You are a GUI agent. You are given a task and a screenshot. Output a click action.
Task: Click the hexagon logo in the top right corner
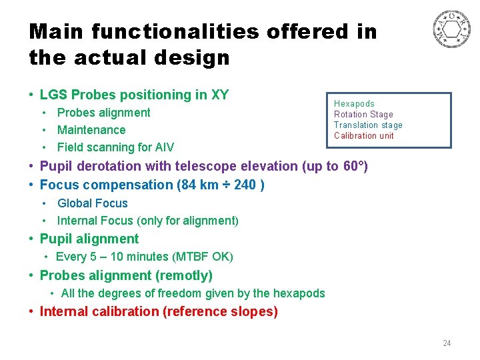451,30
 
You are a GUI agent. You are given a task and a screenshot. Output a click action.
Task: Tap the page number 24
447,343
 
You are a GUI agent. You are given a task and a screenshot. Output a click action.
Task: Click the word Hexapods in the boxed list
354,104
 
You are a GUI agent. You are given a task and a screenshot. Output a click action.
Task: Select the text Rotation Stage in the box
363,115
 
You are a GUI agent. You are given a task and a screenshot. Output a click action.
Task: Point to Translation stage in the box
368,125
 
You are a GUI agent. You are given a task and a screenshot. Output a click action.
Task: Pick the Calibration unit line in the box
363,136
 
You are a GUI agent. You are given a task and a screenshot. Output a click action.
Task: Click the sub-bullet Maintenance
91,130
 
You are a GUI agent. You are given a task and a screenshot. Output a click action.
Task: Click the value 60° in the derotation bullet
353,166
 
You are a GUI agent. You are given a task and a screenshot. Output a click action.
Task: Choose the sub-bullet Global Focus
92,203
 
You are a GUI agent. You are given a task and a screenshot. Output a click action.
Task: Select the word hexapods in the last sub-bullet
298,293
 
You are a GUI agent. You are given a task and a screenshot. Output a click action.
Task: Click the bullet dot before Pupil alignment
32,239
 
